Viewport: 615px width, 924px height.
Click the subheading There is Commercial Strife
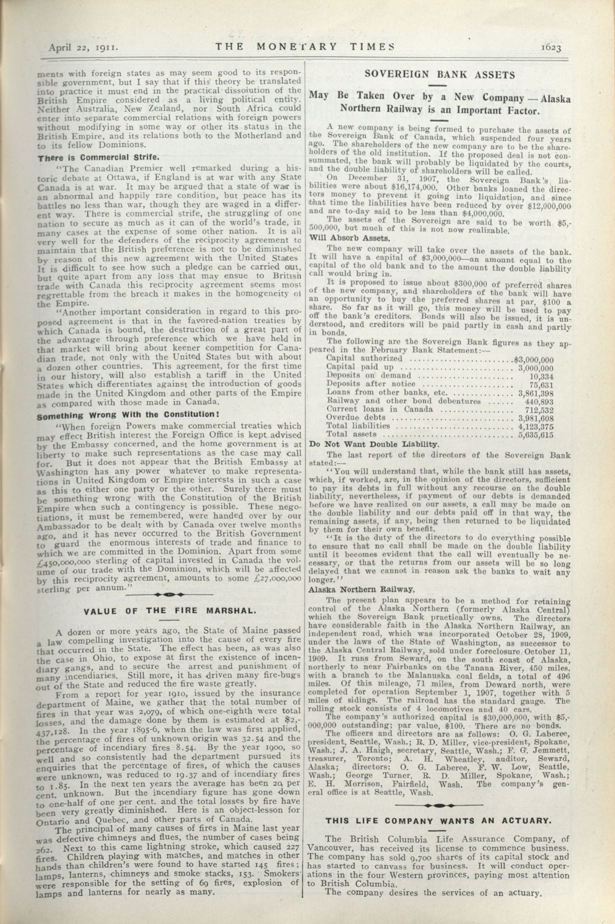point(98,158)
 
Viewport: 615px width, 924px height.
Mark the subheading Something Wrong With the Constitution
point(128,415)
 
